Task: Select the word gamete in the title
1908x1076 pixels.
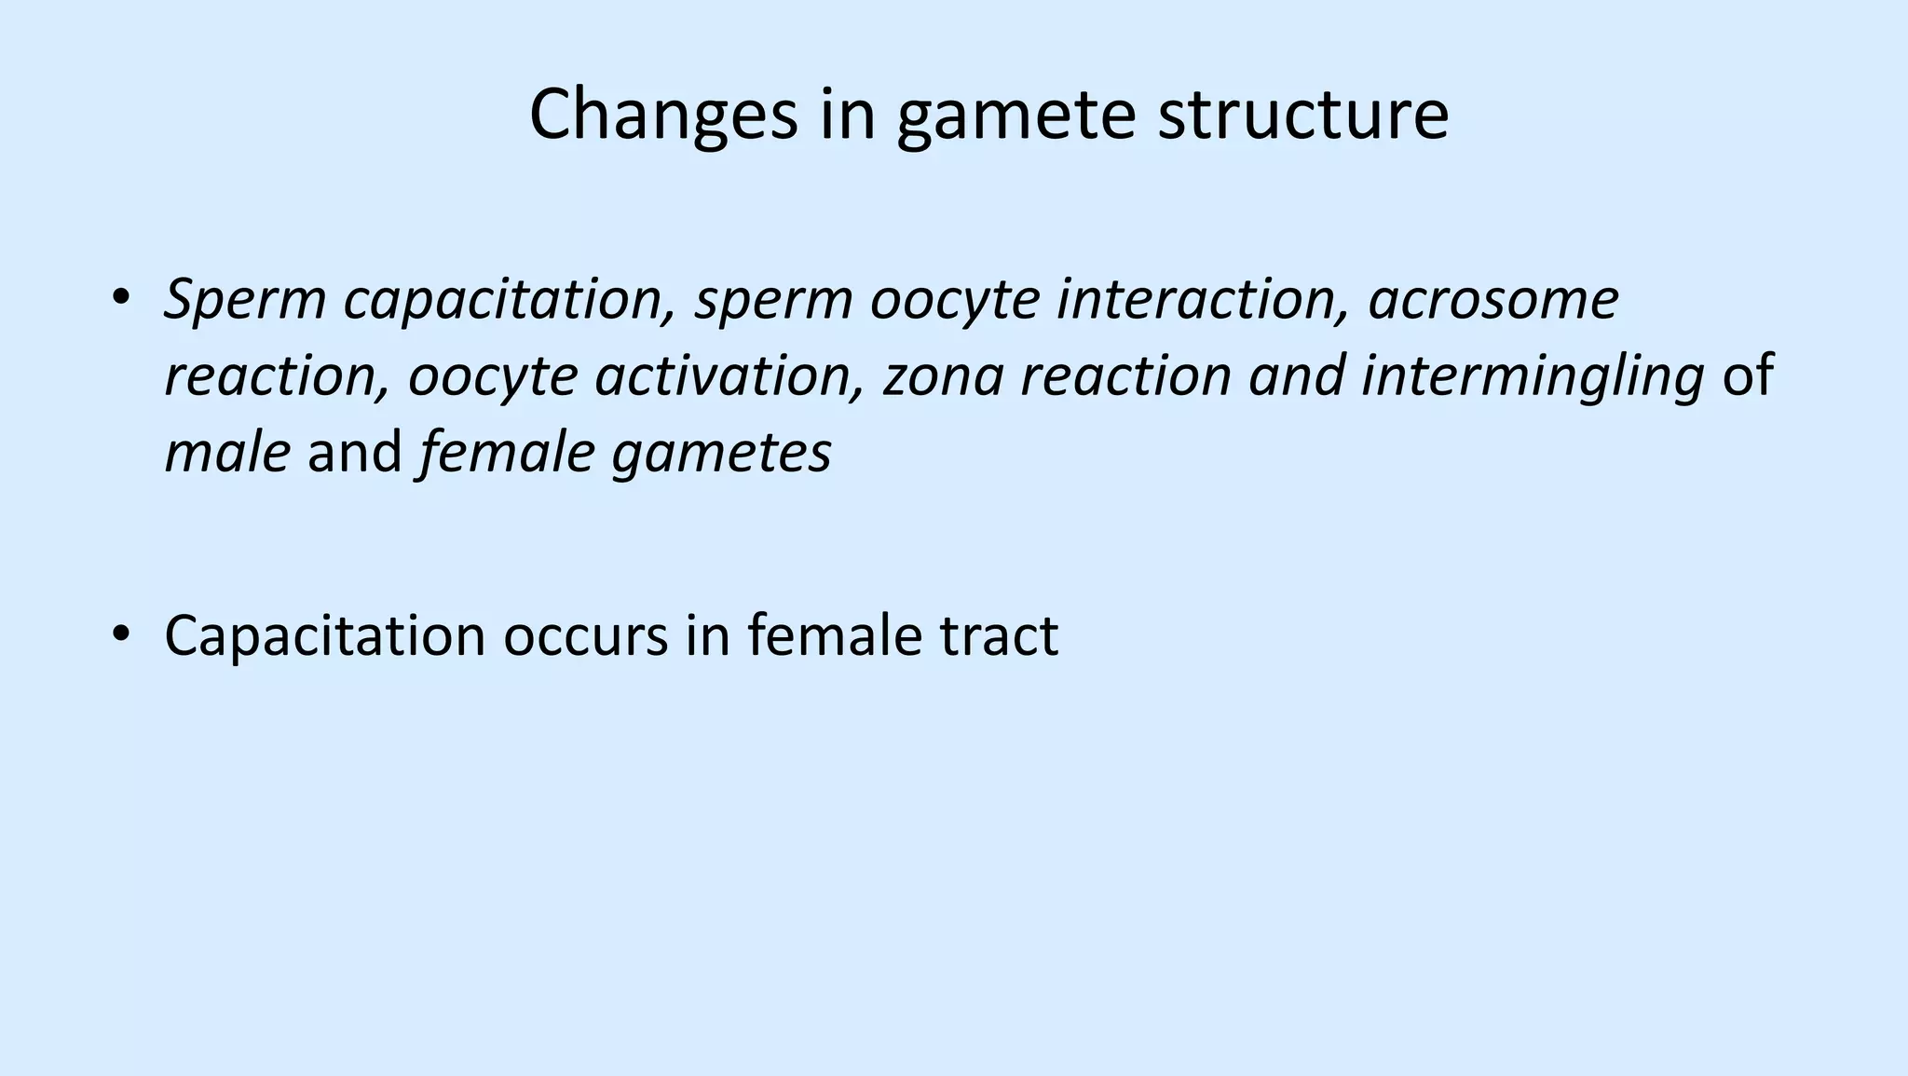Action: point(1016,116)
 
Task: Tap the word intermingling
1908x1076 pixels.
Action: point(1533,376)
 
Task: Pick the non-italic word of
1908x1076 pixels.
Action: point(1748,376)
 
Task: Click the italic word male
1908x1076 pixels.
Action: point(227,453)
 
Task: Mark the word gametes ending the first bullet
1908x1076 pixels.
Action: point(721,453)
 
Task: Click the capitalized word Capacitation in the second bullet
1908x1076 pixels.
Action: point(325,636)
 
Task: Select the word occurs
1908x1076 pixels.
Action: point(586,636)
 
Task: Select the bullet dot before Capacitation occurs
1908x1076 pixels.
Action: point(120,634)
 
